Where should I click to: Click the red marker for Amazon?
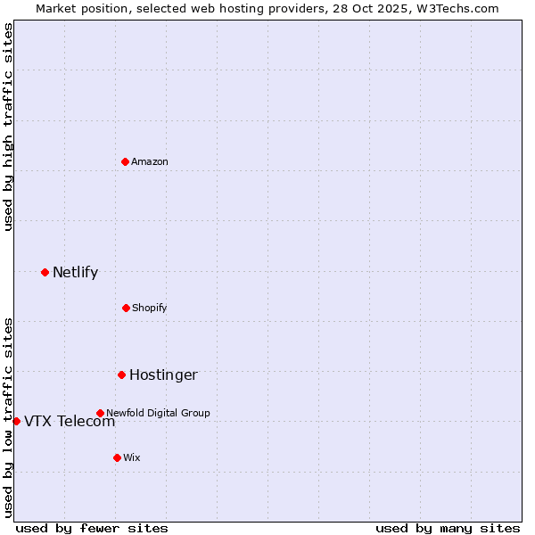pos(126,161)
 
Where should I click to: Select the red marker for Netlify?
pos(45,272)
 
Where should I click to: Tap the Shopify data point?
pos(126,308)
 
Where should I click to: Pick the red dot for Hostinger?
pos(121,374)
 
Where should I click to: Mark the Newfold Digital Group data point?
pos(100,413)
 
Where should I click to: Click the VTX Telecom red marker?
pos(16,421)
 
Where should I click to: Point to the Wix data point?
pos(117,457)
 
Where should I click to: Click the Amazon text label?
pos(150,161)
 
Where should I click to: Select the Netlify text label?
pos(75,272)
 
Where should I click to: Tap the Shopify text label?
pos(150,308)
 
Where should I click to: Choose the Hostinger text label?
pos(163,374)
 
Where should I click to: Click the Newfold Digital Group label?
pos(158,413)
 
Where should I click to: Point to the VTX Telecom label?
pos(70,422)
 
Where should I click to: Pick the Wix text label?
pos(132,457)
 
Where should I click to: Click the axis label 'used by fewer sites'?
pos(92,528)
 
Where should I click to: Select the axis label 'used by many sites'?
pos(448,528)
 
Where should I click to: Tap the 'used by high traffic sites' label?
pos(8,127)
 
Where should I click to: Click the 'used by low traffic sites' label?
pos(8,416)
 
